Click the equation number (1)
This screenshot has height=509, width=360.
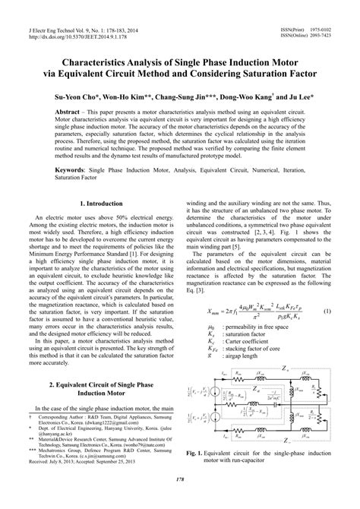pos(346,311)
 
